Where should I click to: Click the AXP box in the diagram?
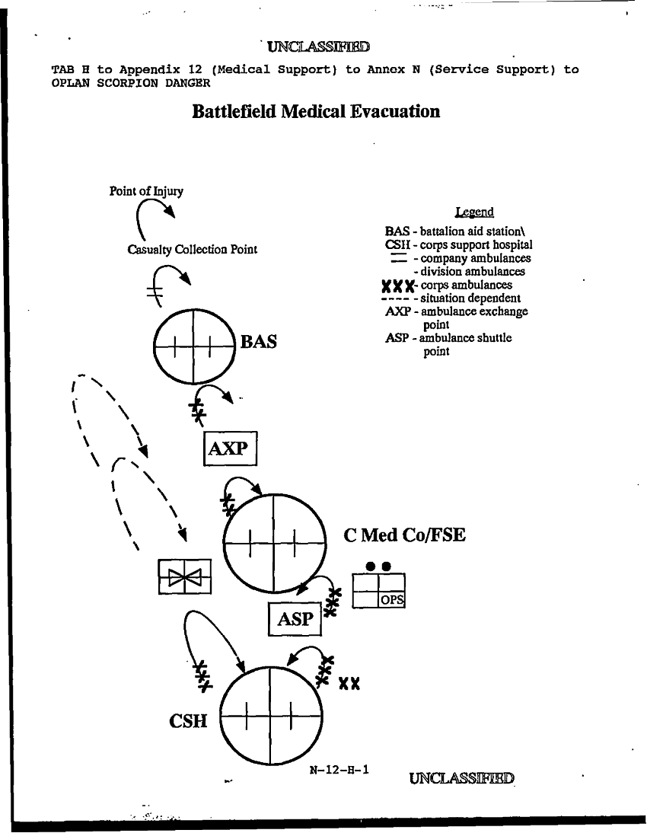231,448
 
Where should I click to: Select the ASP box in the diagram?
295,618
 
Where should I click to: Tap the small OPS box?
391,600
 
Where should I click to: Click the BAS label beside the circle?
258,342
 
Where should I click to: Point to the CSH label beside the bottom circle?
188,720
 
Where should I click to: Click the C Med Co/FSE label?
404,535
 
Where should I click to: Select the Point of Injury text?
146,190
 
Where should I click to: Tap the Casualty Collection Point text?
192,250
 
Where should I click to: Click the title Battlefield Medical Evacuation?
316,112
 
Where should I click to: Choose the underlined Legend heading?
473,212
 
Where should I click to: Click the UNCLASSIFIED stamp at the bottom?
461,778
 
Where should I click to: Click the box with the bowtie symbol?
185,576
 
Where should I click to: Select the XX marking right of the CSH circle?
349,684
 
